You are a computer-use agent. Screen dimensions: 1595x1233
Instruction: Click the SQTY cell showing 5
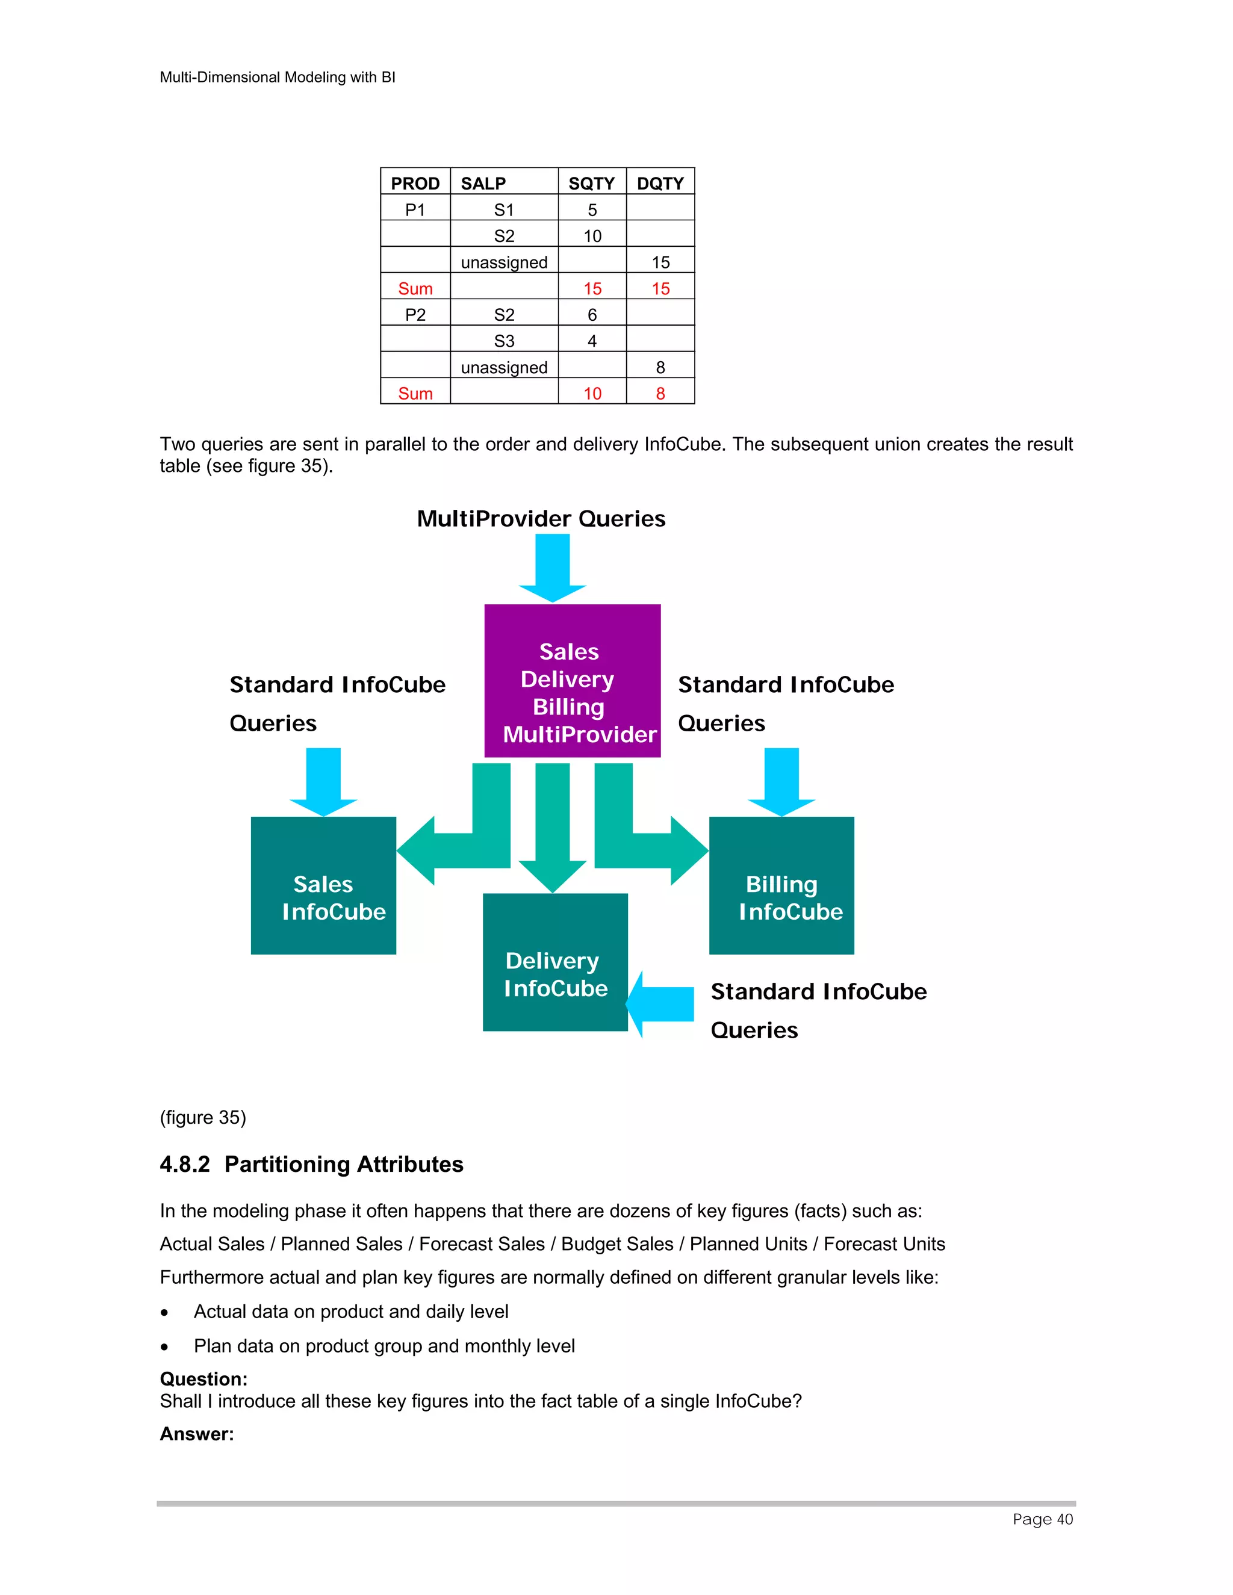tap(592, 209)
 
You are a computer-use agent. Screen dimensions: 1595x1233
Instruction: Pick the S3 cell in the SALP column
tap(504, 341)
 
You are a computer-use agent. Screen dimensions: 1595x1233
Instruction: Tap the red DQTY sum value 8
tap(660, 394)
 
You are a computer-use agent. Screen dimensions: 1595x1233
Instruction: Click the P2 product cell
tap(415, 315)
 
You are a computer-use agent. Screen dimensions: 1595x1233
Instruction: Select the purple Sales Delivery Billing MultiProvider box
tap(572, 681)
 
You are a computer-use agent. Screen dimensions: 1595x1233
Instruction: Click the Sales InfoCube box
tap(323, 885)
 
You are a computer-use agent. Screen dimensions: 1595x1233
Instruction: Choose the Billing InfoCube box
tap(781, 885)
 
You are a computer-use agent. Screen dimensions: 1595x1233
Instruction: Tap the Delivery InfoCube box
tap(554, 962)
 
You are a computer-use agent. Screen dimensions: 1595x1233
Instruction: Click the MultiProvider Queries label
tap(541, 518)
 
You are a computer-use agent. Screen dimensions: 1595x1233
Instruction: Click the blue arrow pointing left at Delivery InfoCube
tap(661, 1003)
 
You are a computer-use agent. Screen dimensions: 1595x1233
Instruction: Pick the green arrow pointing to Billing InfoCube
tap(650, 840)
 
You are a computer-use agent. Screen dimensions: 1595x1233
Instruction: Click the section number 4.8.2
tap(185, 1164)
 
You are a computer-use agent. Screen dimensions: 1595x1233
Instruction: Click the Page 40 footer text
tap(1042, 1519)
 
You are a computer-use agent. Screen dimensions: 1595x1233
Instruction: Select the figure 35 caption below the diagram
tap(203, 1117)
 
